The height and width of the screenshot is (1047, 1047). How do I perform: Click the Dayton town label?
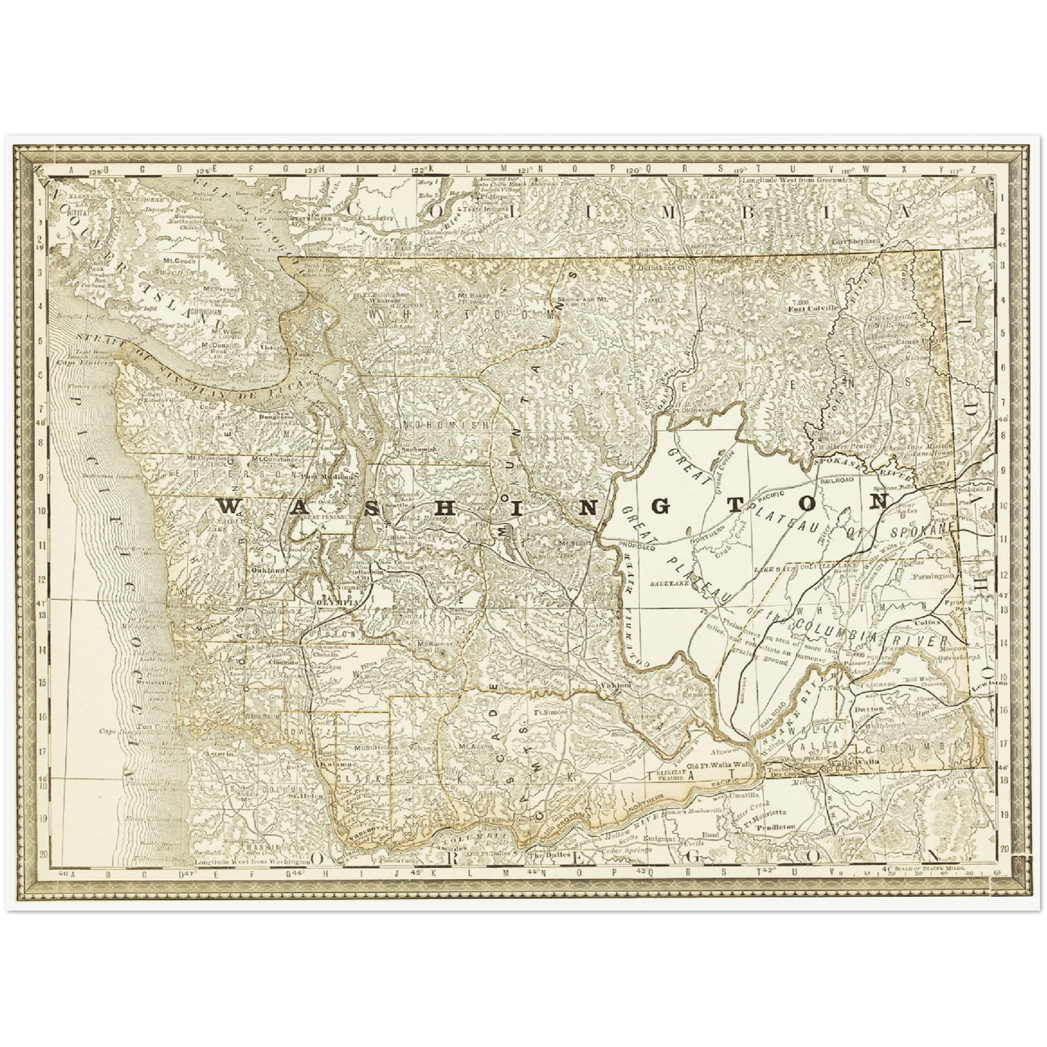point(869,709)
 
